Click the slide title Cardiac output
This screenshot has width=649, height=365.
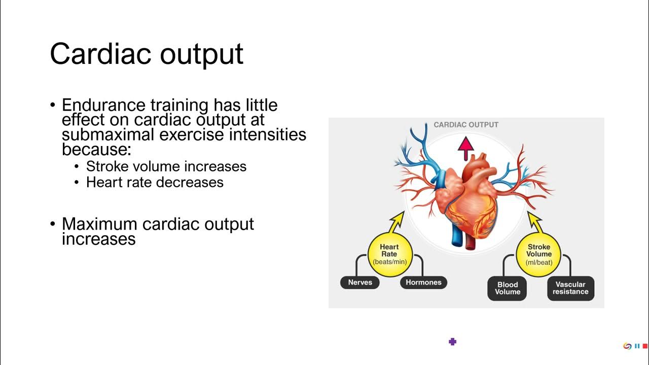[x=147, y=53]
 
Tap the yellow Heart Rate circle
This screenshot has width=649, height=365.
[x=389, y=254]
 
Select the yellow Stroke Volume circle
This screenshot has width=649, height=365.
[x=538, y=254]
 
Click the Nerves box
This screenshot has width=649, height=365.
[x=360, y=282]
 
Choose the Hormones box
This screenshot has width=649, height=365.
[x=423, y=282]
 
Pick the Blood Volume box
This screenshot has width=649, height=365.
[x=508, y=288]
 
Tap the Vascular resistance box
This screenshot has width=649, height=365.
[x=570, y=288]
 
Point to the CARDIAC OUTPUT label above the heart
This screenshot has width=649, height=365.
[x=466, y=125]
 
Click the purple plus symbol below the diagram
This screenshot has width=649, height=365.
[x=453, y=342]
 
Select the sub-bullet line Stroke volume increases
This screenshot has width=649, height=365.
[x=166, y=166]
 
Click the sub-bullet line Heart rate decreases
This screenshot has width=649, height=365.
[x=155, y=182]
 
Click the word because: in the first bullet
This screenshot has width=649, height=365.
[x=96, y=150]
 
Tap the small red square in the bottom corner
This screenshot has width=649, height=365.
[x=645, y=346]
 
